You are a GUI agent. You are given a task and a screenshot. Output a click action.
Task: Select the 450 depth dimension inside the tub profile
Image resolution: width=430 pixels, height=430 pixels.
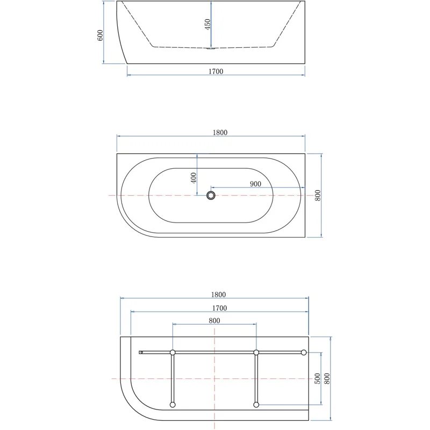207,25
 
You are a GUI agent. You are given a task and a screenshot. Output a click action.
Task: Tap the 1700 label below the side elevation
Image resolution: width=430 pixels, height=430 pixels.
216,71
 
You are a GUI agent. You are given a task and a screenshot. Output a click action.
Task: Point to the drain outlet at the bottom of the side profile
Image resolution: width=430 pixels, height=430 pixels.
211,49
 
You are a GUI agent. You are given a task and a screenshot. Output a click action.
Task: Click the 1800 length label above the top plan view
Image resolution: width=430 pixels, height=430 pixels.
220,133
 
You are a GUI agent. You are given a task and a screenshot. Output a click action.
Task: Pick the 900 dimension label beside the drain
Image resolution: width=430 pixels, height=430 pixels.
255,184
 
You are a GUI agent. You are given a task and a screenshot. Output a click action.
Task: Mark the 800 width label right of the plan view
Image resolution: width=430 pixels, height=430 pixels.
318,195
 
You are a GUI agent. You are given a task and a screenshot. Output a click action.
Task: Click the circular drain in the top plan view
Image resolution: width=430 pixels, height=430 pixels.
211,195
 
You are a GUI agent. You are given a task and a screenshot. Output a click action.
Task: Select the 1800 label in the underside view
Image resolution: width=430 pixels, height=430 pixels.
218,294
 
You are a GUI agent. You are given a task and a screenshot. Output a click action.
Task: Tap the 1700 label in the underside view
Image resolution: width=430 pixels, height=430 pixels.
219,308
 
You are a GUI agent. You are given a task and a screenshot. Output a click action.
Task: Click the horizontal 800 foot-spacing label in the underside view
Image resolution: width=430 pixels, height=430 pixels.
214,320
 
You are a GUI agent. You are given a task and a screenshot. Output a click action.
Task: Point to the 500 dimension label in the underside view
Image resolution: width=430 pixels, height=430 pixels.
318,378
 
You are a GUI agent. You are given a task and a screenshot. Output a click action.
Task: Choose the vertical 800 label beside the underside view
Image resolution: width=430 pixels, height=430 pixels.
327,378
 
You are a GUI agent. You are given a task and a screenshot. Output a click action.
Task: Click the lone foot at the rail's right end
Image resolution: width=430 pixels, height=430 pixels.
304,353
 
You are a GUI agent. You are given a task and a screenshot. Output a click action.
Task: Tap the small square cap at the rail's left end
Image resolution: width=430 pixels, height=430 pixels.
141,353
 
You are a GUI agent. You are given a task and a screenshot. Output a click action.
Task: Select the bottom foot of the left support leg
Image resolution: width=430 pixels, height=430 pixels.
173,405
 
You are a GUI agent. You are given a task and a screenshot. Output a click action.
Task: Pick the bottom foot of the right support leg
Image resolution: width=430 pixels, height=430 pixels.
256,405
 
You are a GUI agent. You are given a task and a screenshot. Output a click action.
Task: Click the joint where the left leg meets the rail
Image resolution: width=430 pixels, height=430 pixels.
173,353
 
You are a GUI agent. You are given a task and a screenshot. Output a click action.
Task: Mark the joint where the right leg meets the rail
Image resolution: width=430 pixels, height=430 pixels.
256,353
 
